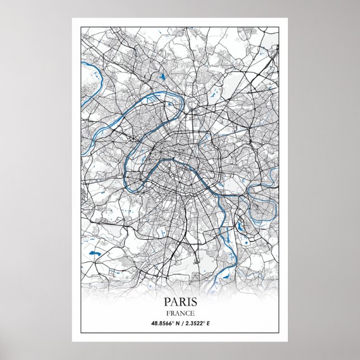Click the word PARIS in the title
180,302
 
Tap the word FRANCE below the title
180,313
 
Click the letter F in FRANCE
167,313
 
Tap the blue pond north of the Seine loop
163,77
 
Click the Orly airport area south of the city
196,259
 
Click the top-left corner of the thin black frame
80,26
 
